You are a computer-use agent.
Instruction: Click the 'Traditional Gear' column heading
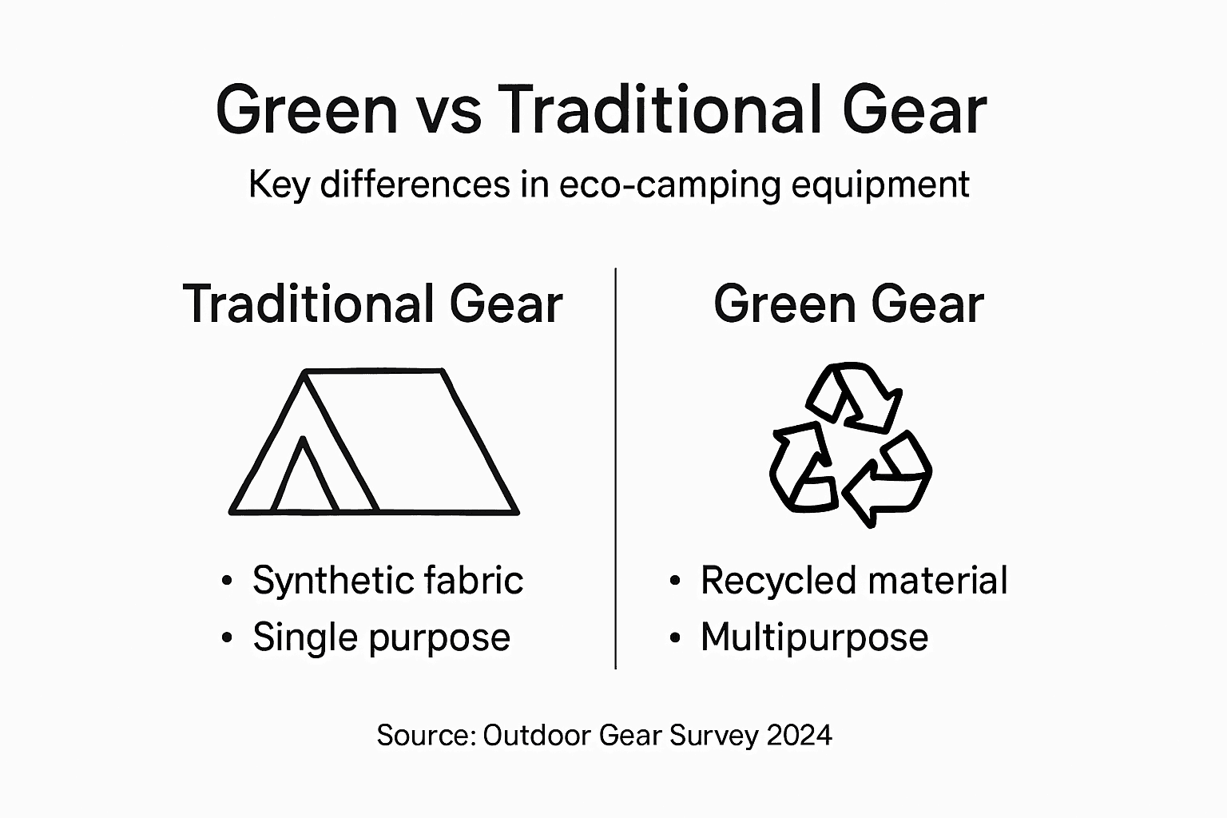pos(373,304)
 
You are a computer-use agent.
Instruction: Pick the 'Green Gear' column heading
pos(848,304)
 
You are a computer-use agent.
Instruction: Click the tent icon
pos(374,442)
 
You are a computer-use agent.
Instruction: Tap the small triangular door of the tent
pos(304,479)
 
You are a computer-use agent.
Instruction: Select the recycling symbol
pos(850,444)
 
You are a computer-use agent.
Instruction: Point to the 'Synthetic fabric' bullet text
pos(387,581)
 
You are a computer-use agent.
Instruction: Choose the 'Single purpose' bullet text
pos(381,637)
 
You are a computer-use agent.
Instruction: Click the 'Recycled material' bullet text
pos(853,581)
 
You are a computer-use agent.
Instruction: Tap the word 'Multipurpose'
pos(814,637)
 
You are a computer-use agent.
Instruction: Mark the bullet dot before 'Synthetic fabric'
pos(228,582)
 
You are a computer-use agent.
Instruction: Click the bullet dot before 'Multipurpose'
pos(676,638)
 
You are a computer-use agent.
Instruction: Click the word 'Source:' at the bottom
pos(427,735)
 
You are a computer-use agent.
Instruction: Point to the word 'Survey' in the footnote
pos(713,735)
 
